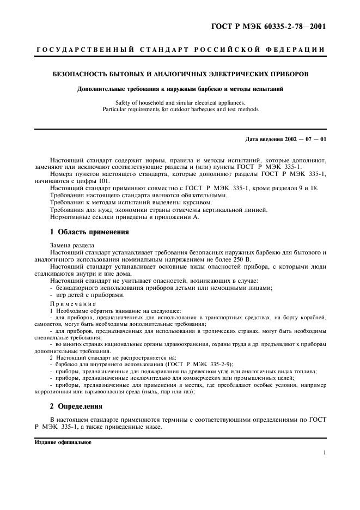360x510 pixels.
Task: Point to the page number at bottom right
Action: click(x=324, y=453)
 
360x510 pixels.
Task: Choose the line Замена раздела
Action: click(x=72, y=245)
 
